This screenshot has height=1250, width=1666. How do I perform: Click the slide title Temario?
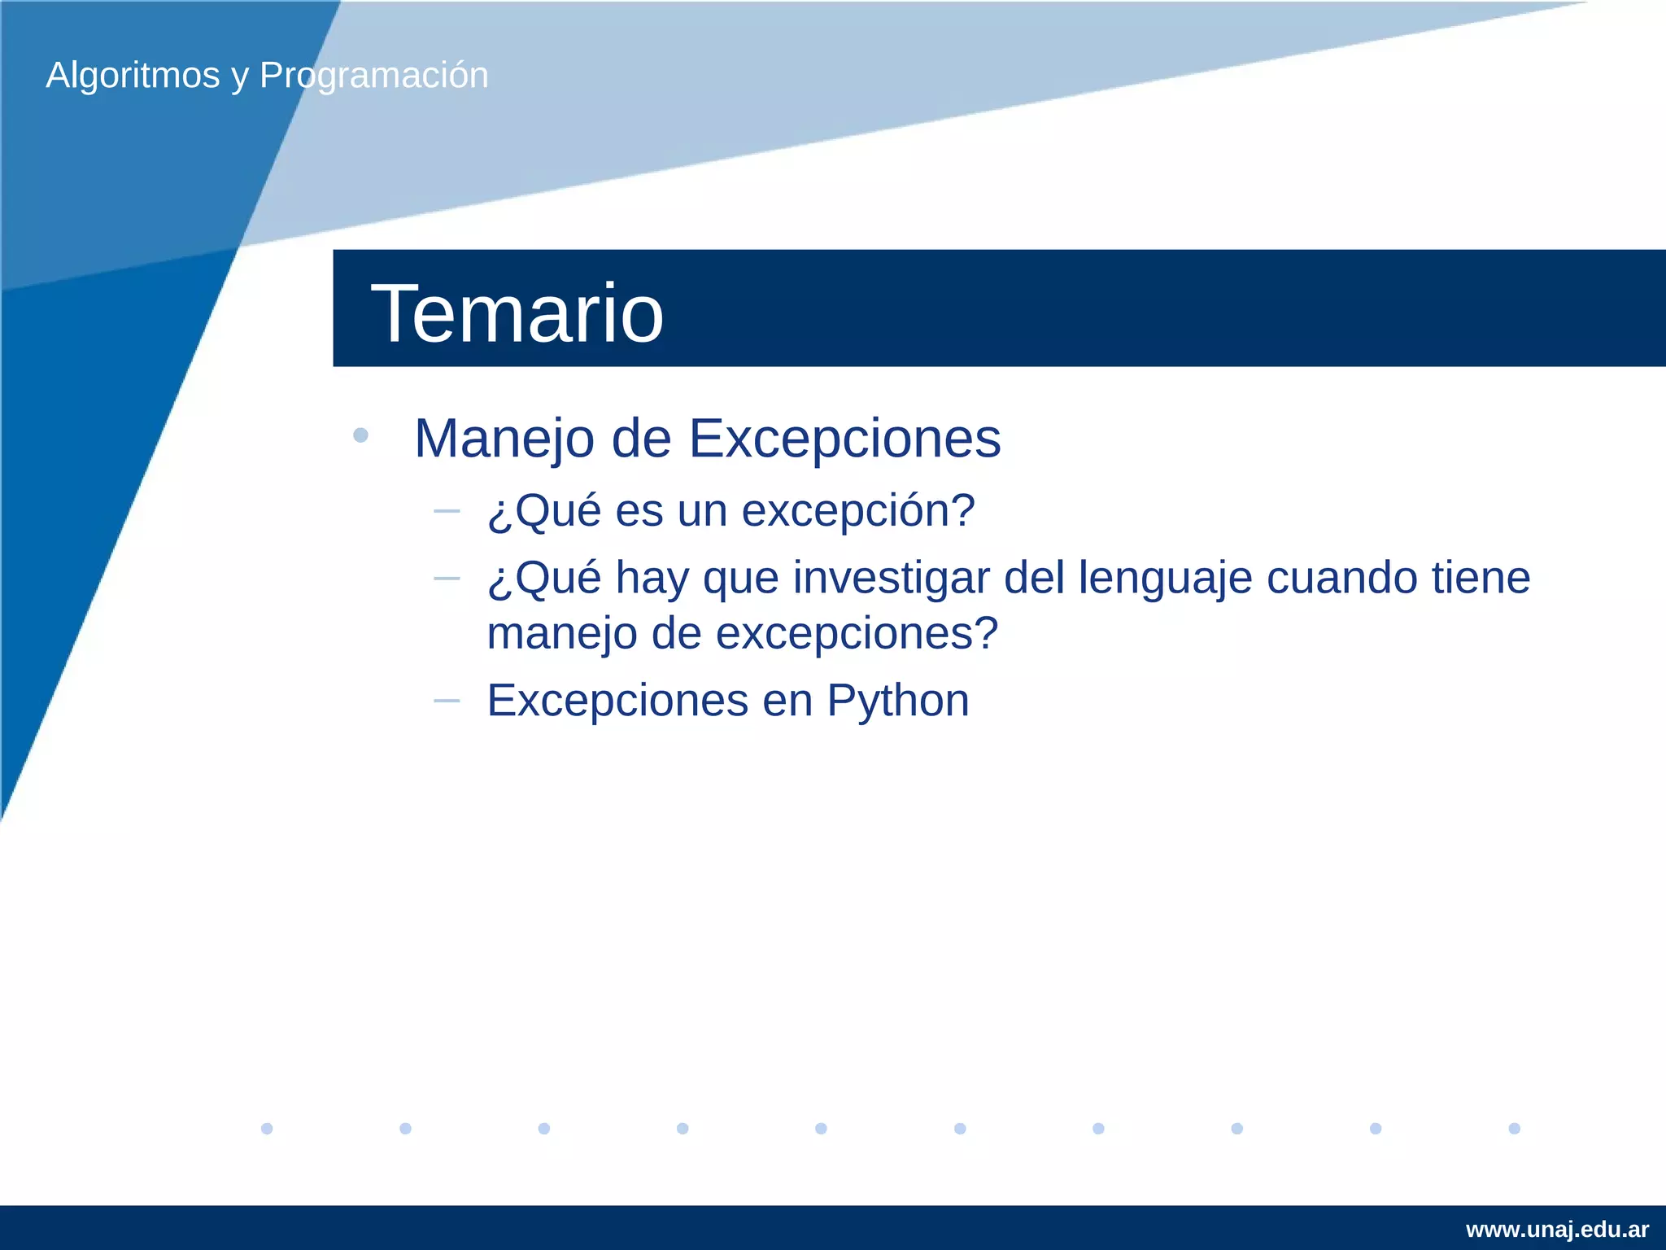pos(517,313)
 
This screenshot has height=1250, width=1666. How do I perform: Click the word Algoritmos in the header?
pos(133,76)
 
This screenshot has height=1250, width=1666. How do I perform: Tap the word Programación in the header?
pos(373,76)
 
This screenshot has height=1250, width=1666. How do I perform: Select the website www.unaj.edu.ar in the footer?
pos(1557,1230)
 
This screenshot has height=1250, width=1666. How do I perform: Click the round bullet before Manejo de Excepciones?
pos(361,435)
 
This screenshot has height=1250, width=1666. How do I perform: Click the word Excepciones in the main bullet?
pos(844,439)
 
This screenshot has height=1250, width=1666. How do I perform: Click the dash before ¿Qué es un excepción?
pos(447,511)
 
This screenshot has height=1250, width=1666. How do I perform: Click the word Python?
pos(898,701)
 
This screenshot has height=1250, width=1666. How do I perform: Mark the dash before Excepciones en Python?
pos(447,701)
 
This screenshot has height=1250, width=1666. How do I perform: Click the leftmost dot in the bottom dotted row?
pos(267,1128)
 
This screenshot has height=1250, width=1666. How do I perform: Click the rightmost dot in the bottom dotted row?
pos(1514,1128)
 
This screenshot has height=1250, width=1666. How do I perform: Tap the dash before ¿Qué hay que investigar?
pos(447,579)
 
